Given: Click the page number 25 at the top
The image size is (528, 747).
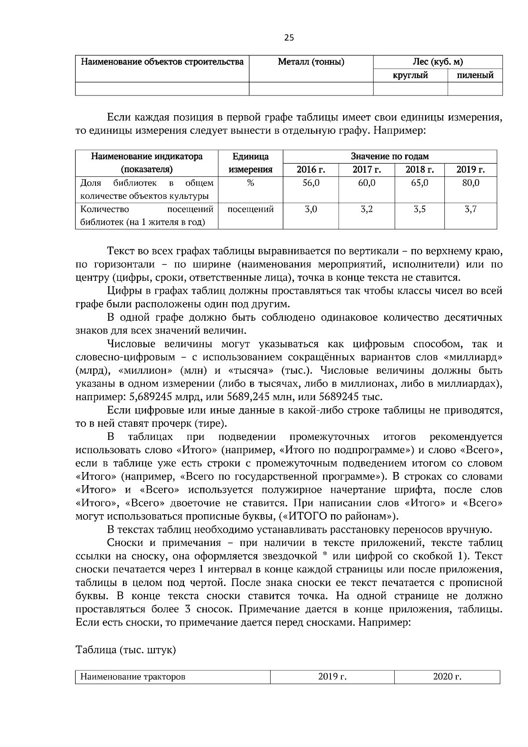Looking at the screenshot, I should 289,38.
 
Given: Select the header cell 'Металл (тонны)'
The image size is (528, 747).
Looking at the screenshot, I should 311,62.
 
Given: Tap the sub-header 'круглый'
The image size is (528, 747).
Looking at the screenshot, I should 410,75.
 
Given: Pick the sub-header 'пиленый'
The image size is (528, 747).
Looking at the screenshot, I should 475,75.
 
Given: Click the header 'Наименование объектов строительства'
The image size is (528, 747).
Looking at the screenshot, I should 162,62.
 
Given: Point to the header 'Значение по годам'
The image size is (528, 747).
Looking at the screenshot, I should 389,156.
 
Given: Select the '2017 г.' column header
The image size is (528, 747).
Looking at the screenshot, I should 366,170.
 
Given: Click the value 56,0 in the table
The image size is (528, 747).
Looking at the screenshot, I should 311,183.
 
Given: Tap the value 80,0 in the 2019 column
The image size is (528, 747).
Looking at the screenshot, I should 470,183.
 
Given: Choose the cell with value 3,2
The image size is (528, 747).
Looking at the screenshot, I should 366,209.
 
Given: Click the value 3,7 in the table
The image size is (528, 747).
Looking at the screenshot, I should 470,209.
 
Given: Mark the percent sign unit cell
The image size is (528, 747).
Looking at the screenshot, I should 250,183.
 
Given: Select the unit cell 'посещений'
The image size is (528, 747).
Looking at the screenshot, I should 250,209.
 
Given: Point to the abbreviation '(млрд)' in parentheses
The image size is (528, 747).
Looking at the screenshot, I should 90,370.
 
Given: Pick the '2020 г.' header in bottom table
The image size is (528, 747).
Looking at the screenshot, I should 447,677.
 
